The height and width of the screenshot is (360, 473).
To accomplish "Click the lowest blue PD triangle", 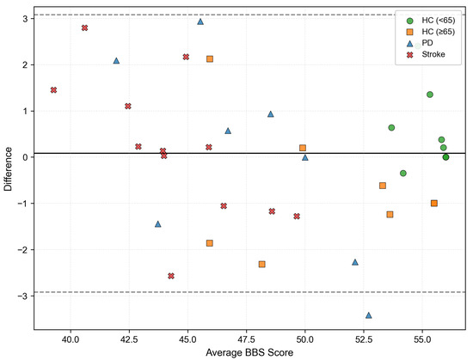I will tap(369, 315).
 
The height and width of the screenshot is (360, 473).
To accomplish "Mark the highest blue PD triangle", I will tap(200, 21).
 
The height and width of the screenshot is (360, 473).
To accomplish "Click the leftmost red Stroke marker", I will tap(53, 90).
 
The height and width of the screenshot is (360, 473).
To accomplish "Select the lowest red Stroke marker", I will tap(171, 276).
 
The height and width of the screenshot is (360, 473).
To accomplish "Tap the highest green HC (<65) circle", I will tap(430, 95).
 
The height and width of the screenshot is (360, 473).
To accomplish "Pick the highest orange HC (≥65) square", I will tap(210, 58).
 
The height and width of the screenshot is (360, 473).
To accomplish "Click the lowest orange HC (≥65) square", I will tap(261, 264).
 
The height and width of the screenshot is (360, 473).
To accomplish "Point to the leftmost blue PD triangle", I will tap(116, 61).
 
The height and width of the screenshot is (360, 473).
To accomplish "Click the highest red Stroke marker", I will tap(85, 28).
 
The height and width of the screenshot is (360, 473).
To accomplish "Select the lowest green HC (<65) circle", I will tap(403, 173).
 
